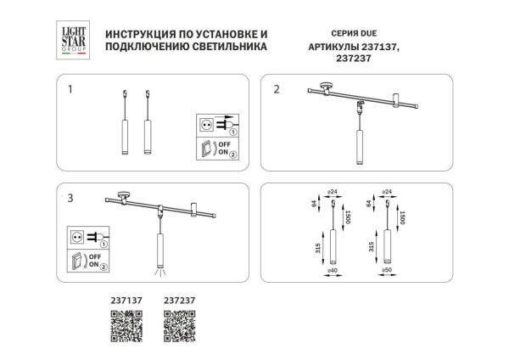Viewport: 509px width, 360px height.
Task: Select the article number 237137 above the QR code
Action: click(126, 299)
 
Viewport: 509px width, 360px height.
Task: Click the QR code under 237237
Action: click(179, 326)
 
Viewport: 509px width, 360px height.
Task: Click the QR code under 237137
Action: click(126, 326)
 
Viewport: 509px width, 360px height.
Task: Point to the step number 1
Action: click(71, 88)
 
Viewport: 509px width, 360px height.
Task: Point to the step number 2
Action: click(277, 88)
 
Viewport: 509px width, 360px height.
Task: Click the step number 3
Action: click(71, 198)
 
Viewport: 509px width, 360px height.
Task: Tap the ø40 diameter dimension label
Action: click(333, 271)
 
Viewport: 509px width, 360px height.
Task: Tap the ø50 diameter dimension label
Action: click(387, 271)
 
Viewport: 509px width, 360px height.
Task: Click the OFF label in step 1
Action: click(224, 144)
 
